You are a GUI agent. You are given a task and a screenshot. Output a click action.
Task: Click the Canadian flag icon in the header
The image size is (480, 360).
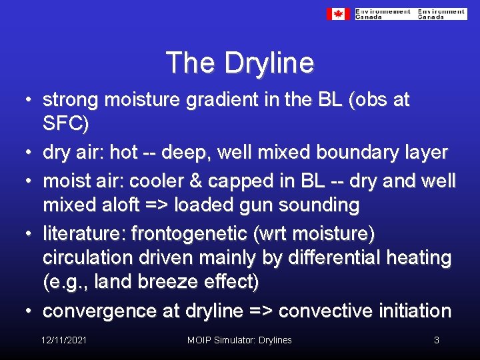338,13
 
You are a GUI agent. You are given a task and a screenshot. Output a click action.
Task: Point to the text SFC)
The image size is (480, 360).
65,124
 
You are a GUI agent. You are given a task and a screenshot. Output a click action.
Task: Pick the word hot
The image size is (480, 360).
123,152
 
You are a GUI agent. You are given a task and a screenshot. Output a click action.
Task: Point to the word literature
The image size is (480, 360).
83,233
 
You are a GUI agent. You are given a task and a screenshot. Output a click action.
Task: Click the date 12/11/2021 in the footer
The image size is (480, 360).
63,340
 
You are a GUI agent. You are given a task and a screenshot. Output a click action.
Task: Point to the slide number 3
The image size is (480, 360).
436,340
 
